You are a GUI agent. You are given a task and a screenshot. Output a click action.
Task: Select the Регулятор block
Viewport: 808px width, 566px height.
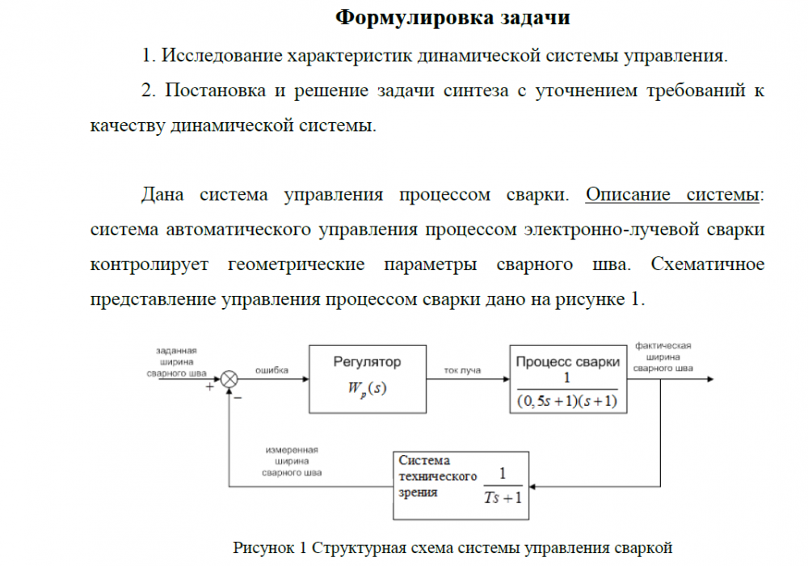368,378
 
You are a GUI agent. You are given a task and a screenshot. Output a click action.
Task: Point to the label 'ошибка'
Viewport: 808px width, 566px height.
272,370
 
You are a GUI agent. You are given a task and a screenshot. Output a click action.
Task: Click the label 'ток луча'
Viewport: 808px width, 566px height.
463,370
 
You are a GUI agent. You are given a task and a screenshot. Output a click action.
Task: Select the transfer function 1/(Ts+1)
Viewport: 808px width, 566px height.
503,486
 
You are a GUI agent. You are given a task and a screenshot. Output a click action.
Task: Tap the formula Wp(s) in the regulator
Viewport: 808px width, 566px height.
368,389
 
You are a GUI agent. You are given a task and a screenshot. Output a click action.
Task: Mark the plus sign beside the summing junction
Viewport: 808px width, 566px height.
211,388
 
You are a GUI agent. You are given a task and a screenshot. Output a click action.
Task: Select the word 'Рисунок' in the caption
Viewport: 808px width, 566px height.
265,547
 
